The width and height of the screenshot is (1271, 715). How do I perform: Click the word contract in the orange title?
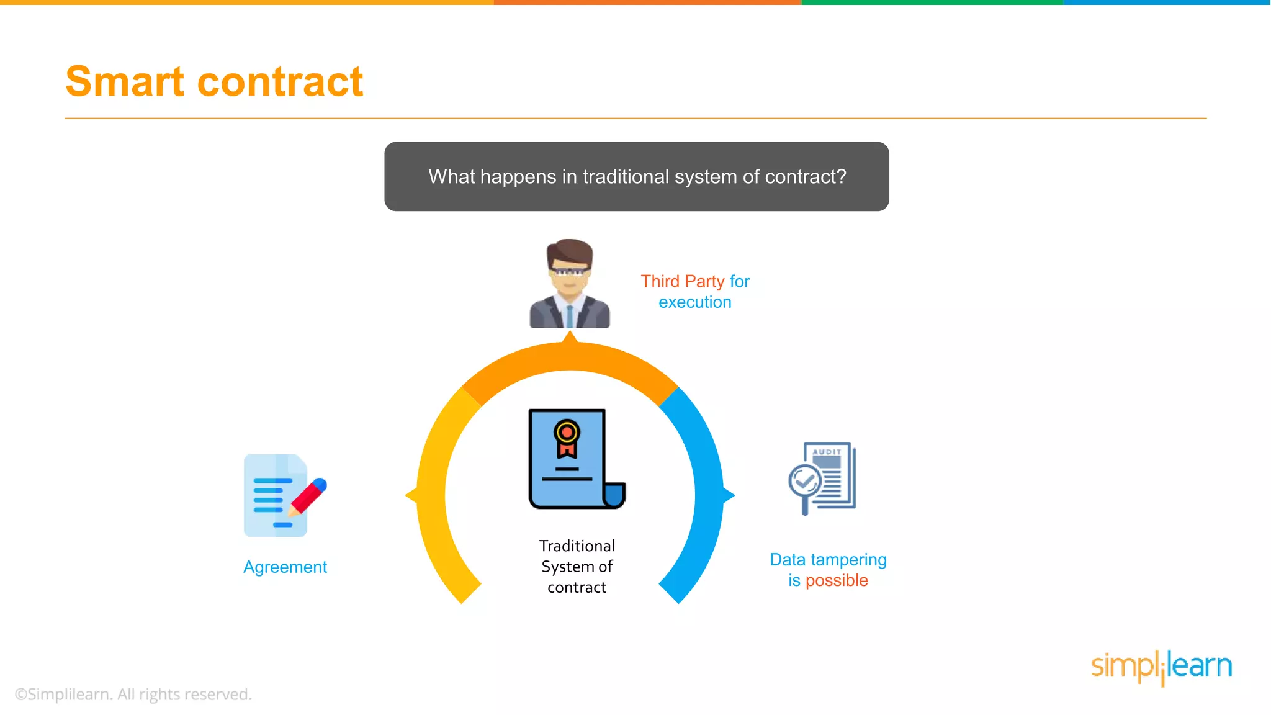(280, 83)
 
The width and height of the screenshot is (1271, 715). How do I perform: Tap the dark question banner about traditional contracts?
(636, 176)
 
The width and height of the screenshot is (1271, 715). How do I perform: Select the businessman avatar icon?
(570, 284)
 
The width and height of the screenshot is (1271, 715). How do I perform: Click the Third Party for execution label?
(695, 292)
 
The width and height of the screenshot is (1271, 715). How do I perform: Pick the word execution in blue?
(695, 302)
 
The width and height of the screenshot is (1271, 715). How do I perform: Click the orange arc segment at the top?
(570, 357)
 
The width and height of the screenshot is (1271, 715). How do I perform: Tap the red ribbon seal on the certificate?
(567, 438)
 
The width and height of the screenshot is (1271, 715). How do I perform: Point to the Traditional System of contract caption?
(577, 566)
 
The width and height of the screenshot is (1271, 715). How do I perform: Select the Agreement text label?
(285, 567)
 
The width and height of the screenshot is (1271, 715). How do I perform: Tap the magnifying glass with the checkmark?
(805, 482)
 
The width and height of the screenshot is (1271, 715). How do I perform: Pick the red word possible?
(837, 580)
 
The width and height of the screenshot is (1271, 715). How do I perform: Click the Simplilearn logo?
(1161, 667)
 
